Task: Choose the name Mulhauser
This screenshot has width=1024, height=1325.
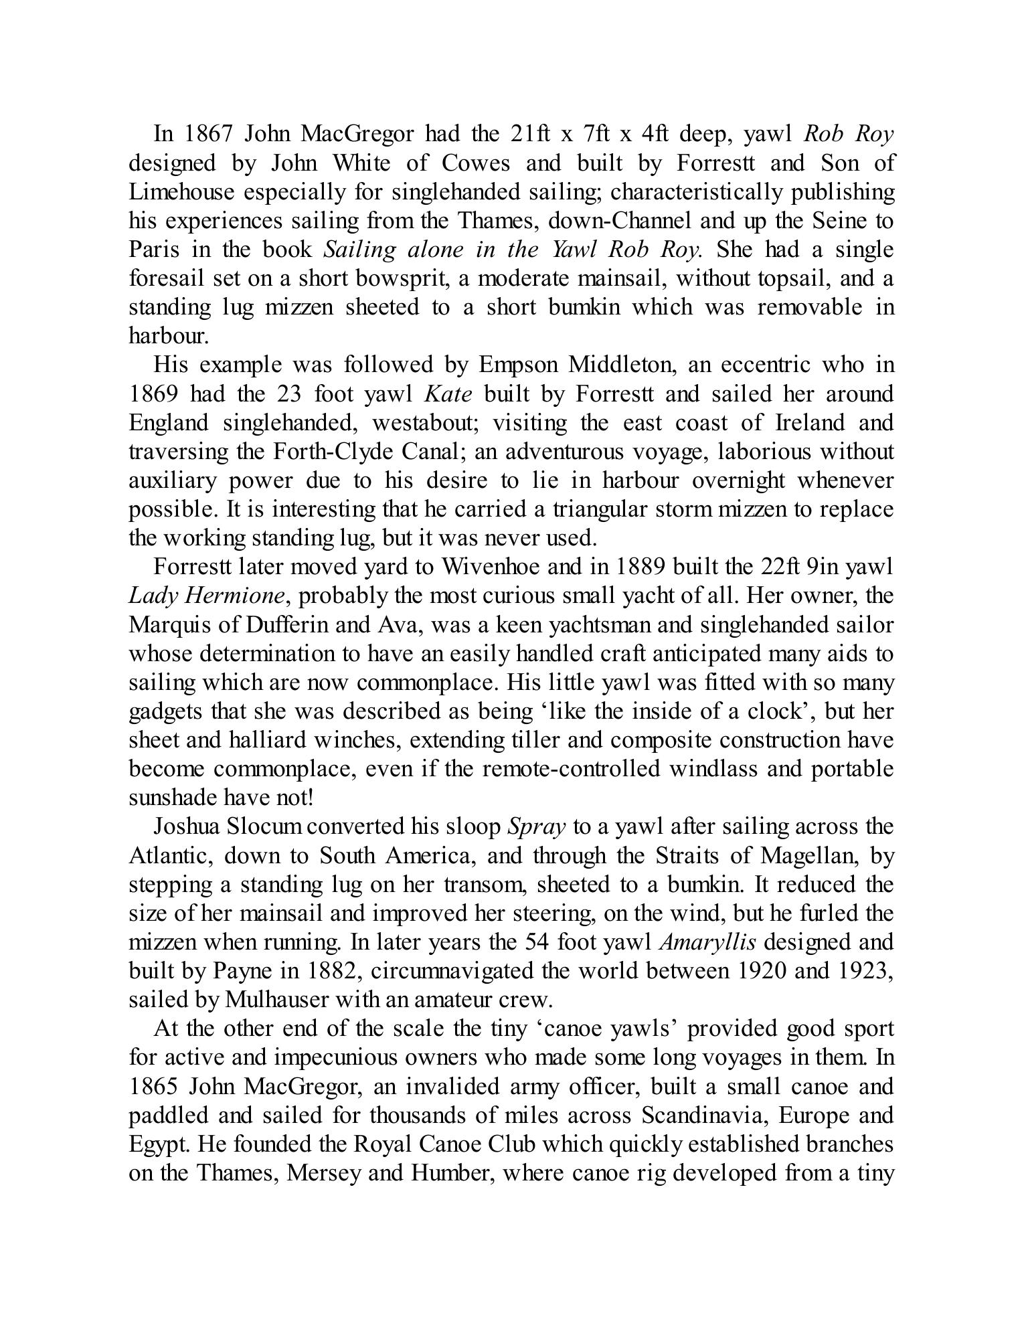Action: [277, 1000]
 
